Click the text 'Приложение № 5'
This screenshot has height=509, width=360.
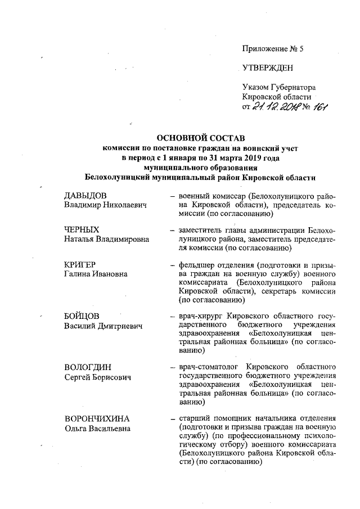point(272,49)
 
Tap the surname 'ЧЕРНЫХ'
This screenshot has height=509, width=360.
point(82,229)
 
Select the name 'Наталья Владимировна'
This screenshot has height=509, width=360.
point(106,240)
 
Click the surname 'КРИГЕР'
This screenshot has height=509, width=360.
point(81,264)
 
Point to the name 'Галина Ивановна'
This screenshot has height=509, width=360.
point(96,274)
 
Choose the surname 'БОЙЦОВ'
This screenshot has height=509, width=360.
point(82,317)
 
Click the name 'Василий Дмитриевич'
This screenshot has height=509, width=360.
point(102,327)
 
